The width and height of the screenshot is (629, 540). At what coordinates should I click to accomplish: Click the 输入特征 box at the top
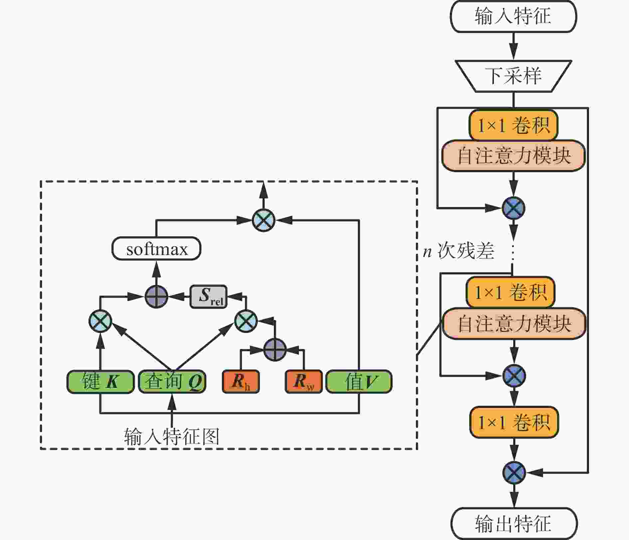[x=513, y=17]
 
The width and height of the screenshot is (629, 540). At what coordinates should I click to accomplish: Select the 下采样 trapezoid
[x=513, y=76]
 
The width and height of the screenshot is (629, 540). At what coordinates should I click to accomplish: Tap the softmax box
[x=156, y=249]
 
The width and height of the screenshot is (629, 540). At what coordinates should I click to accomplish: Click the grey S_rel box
[x=209, y=296]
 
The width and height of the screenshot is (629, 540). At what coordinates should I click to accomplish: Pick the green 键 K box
[x=101, y=382]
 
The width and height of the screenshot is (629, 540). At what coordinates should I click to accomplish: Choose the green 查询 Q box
[x=172, y=382]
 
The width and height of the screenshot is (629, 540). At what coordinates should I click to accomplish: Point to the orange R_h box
[x=241, y=382]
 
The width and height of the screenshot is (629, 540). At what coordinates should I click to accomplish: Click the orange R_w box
[x=304, y=382]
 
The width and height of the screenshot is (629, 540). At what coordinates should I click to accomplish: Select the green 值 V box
[x=359, y=382]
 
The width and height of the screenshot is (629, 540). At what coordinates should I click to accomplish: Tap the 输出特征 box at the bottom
[x=514, y=523]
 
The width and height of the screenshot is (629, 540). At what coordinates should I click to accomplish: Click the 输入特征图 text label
[x=172, y=436]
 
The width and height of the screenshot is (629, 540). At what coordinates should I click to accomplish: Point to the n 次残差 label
[x=459, y=251]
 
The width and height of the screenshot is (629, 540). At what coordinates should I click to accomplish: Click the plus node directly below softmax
[x=156, y=296]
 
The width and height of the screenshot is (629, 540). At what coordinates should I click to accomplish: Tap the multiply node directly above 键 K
[x=101, y=321]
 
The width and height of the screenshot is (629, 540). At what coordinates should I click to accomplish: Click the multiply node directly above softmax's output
[x=264, y=220]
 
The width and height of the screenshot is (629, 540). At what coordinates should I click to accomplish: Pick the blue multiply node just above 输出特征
[x=514, y=472]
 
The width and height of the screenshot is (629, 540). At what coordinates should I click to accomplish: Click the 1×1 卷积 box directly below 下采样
[x=514, y=125]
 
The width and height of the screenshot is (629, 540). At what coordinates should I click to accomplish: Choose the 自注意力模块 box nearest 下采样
[x=514, y=156]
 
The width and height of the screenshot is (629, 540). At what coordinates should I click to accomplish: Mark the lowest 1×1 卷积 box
[x=514, y=422]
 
